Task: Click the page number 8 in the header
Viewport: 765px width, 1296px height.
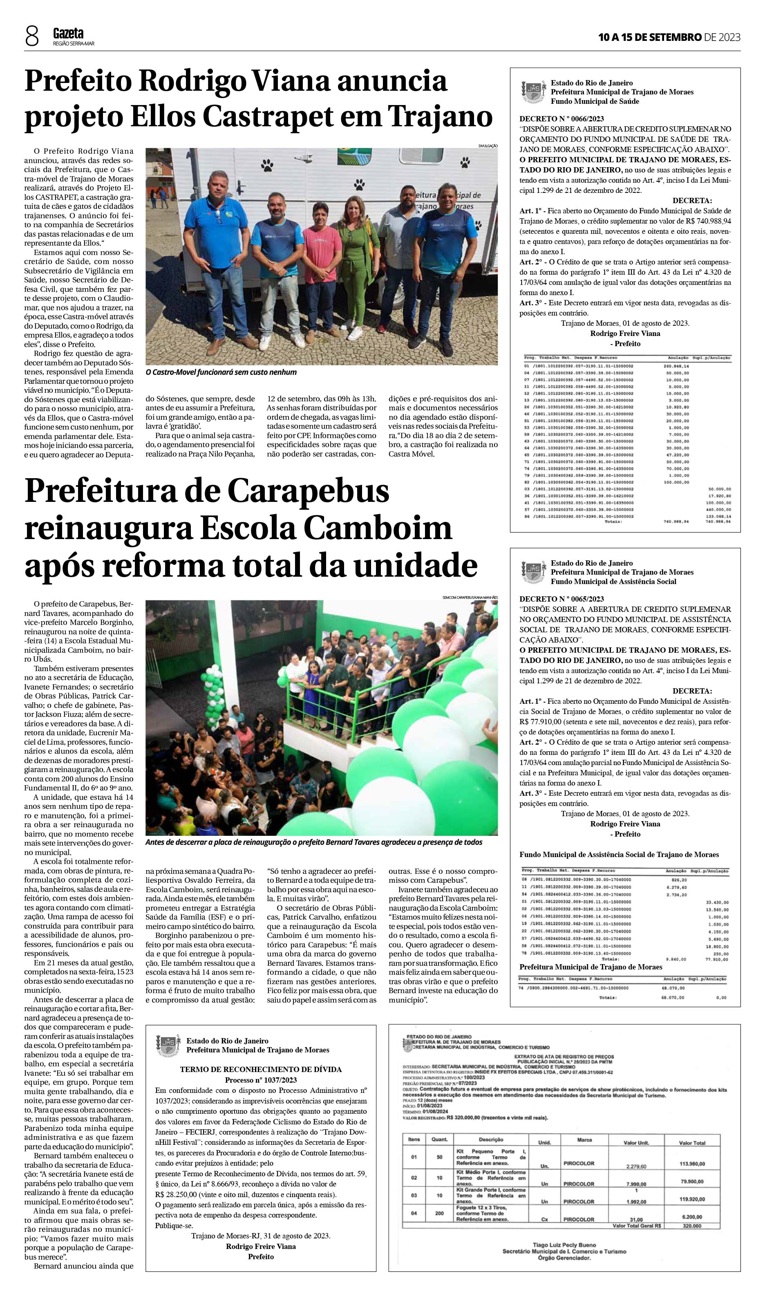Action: (32, 37)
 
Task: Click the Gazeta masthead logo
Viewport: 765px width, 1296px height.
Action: (68, 34)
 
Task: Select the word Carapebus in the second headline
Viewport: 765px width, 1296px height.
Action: (308, 491)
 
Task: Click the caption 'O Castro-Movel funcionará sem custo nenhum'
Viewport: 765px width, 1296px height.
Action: (221, 372)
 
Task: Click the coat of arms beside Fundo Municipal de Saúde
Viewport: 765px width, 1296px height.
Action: (532, 91)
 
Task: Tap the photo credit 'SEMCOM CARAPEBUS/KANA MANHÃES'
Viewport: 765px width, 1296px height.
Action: (470, 598)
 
